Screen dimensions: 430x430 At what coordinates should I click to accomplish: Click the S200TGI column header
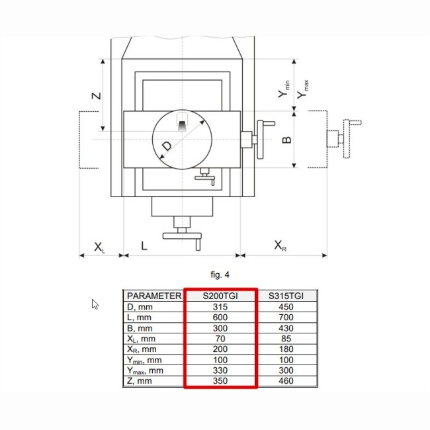pos(220,296)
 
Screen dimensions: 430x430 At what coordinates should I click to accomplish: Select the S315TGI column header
pos(286,296)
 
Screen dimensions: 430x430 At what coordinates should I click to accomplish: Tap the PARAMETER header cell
pos(154,296)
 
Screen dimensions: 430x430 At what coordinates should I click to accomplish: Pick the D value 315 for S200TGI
pos(220,307)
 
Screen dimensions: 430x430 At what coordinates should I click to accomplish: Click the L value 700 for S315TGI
pos(286,318)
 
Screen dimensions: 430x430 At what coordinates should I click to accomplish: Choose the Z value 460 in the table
pos(286,381)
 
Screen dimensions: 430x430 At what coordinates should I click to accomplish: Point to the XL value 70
pos(220,339)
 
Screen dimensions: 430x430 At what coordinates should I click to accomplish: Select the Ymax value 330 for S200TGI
pos(220,370)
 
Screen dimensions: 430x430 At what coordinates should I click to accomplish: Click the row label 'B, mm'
pos(140,328)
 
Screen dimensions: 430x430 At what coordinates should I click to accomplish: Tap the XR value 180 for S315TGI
pos(286,349)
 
